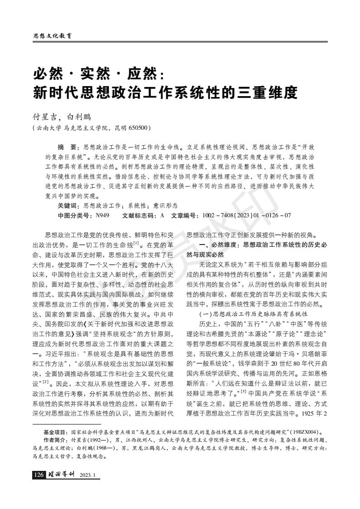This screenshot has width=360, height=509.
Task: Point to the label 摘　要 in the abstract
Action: pyautogui.click(x=67, y=147)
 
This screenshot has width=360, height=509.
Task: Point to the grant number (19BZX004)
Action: pyautogui.click(x=306, y=433)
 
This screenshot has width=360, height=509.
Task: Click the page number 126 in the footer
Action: pyautogui.click(x=39, y=475)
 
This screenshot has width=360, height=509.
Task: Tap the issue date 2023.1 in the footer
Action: pyautogui.click(x=88, y=475)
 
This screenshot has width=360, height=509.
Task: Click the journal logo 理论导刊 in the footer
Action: pyautogui.click(x=61, y=475)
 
